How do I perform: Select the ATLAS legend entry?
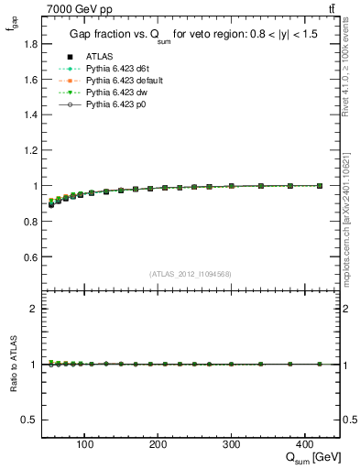(99, 56)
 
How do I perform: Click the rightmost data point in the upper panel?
(319, 185)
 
